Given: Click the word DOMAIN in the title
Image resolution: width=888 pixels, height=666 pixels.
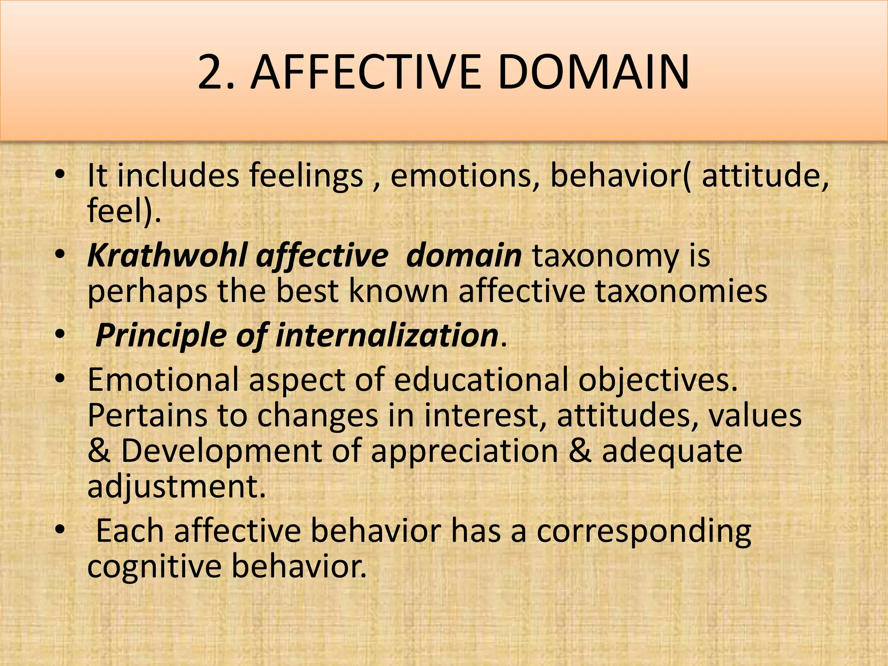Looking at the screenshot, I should click(593, 72).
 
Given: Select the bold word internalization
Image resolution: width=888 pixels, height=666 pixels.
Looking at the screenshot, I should click(386, 335).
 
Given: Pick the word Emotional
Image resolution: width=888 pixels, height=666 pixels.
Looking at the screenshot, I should click(163, 379).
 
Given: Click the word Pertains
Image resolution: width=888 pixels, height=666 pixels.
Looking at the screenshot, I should click(147, 415).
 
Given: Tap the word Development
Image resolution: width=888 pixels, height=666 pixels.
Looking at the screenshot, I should click(221, 451).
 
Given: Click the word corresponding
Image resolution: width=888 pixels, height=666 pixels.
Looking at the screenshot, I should click(643, 532).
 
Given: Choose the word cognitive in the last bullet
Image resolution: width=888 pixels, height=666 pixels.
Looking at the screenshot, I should click(154, 567).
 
